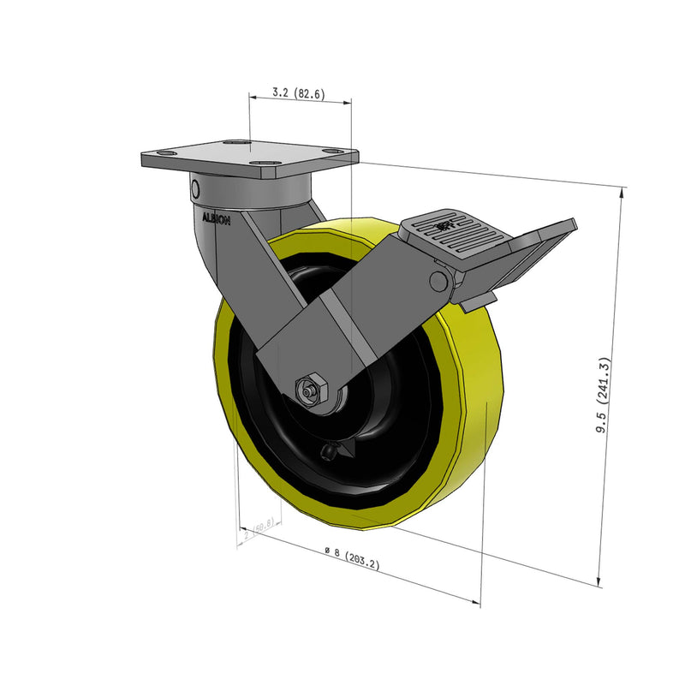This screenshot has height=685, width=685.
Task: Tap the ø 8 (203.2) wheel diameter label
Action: click(x=352, y=558)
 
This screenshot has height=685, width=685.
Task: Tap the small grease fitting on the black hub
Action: click(x=329, y=451)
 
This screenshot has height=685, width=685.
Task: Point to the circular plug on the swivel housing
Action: click(x=195, y=188)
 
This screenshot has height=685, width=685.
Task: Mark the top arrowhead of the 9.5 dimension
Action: click(x=622, y=192)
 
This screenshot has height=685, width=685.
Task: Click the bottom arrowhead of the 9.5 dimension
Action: click(x=599, y=581)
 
